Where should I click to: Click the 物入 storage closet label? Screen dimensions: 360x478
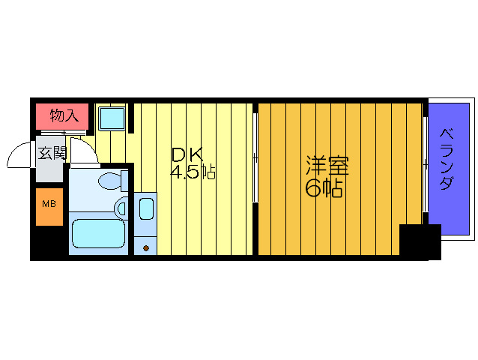(64, 115)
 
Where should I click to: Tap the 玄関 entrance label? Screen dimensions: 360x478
(52, 154)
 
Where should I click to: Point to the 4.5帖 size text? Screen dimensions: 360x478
(193, 172)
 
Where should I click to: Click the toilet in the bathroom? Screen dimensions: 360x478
(112, 181)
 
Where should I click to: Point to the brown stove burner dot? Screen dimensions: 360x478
(146, 247)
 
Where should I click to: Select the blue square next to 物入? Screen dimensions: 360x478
(112, 118)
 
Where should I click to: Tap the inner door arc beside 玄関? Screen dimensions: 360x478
(85, 151)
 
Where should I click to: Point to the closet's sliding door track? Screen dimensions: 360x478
(64, 132)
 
